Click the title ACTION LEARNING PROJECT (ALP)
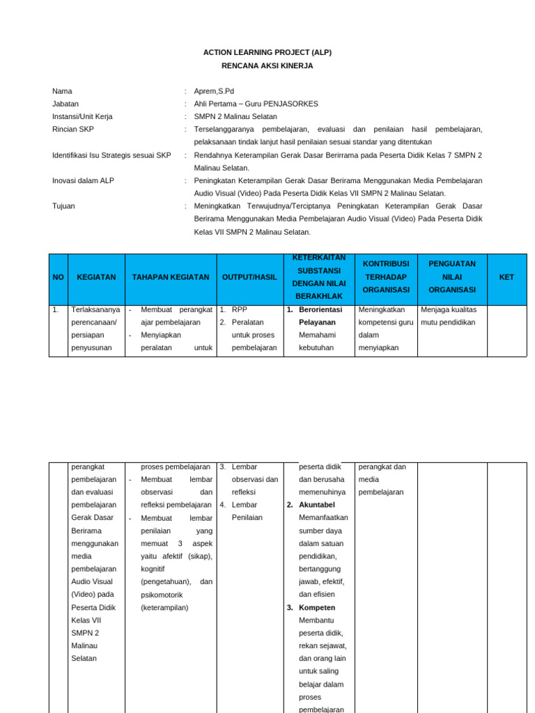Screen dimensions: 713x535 click(267, 52)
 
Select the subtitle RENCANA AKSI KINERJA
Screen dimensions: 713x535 click(267, 65)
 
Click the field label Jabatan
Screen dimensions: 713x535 click(65, 104)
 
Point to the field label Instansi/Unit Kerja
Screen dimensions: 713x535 click(82, 116)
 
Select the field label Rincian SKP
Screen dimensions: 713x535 click(72, 130)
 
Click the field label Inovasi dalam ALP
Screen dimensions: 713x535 click(83, 180)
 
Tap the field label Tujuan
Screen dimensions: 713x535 click(63, 206)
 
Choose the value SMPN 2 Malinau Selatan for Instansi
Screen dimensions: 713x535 click(235, 116)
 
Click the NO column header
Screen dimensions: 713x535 click(58, 277)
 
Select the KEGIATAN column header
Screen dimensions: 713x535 click(96, 277)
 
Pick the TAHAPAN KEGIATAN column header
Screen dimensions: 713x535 click(171, 277)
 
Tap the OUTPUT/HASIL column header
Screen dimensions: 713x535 click(249, 277)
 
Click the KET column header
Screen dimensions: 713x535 click(506, 277)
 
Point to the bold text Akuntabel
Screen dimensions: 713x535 click(317, 505)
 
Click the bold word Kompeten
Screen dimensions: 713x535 click(317, 607)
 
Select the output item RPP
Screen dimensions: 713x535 click(240, 309)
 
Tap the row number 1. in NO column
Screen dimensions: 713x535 click(56, 309)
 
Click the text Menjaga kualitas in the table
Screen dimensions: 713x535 click(449, 309)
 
